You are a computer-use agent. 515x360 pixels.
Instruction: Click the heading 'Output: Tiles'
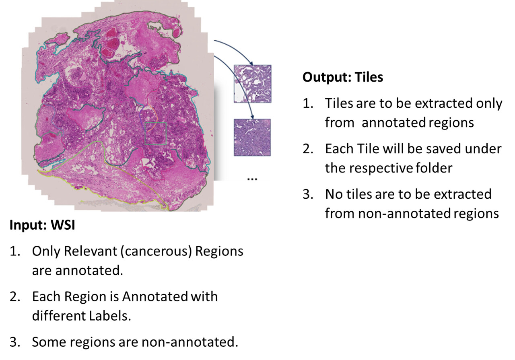coord(343,77)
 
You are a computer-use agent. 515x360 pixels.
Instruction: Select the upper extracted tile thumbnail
coord(253,84)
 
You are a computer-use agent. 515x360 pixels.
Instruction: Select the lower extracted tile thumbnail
coord(252,137)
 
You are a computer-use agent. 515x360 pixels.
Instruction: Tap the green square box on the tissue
coord(156,134)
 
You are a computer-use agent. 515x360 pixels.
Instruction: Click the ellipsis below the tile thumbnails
coord(252,179)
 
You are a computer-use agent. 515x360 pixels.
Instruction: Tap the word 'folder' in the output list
coord(432,168)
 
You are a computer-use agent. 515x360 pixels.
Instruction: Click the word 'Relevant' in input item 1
coord(89,251)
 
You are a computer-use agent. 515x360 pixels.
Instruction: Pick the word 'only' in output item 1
coord(489,103)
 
